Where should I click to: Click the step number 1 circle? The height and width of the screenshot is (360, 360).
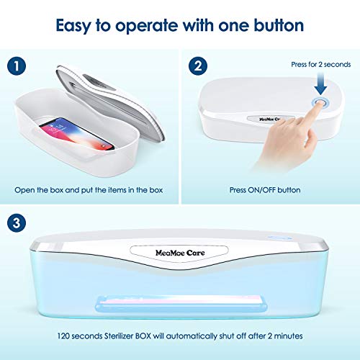(17, 66)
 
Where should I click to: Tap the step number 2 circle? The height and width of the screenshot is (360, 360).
(198, 66)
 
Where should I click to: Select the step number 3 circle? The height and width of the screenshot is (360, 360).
(17, 222)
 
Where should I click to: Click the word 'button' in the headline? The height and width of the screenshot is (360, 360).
(279, 25)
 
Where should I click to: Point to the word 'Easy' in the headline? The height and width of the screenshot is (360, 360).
(73, 26)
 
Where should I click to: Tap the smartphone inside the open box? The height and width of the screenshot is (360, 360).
(76, 133)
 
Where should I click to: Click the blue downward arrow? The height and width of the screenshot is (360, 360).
(320, 84)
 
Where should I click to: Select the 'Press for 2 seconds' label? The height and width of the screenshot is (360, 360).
(321, 64)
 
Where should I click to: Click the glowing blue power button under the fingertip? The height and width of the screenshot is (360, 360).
(320, 104)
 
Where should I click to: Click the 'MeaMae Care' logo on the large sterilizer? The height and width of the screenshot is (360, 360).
(180, 253)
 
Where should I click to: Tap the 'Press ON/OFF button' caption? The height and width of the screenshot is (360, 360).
(265, 190)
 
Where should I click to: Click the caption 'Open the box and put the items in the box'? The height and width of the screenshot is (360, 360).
(89, 190)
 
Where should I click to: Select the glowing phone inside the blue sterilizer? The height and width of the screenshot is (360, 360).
(181, 304)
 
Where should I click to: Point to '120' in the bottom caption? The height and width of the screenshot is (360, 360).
(63, 336)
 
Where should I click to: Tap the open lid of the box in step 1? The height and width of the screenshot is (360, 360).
(110, 101)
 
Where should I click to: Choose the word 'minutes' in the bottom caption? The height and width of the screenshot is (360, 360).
(288, 336)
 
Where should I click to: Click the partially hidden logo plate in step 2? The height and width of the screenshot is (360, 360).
(271, 119)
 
